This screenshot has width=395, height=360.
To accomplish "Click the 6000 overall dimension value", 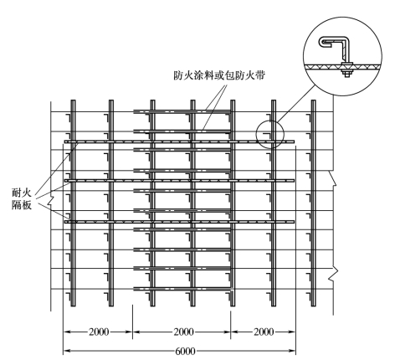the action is point(185,351).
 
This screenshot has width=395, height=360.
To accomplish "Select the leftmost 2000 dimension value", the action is point(99,332).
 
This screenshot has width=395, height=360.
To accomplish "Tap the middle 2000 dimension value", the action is point(184,332).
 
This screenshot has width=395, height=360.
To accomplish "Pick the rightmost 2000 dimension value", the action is point(264,332).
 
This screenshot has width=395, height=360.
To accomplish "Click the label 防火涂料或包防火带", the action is point(219,75).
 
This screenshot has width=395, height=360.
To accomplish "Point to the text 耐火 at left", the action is point(22,193).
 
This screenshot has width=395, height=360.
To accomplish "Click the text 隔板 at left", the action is point(22,205).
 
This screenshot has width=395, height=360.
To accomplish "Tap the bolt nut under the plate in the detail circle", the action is point(346,74).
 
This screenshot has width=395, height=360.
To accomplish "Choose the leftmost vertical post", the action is point(73,203).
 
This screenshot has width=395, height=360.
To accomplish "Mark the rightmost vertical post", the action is point(314,203).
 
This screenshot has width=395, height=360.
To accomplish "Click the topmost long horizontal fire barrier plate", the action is point(179,141).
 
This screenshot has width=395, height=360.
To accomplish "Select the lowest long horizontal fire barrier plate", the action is point(179,222).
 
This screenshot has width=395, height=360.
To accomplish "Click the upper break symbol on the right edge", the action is point(333,178).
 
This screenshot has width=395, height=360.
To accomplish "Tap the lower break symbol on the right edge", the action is point(334,274).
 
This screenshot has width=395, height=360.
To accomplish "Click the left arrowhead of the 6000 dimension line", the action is point(67,351).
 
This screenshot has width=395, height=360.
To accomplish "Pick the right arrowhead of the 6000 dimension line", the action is point(292,351).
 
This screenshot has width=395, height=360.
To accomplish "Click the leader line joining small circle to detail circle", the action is point(296,104).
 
